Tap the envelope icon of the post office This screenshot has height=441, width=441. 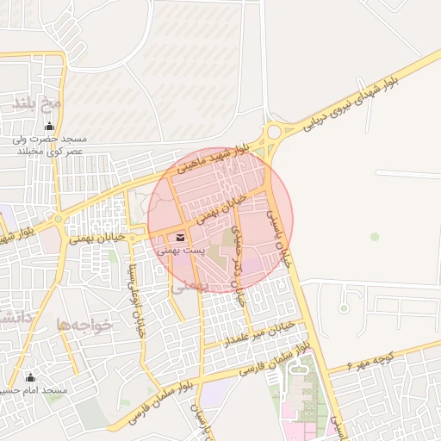tap(181, 236)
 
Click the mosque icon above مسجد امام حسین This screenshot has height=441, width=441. tap(31, 376)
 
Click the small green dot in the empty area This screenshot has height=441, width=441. tap(374, 236)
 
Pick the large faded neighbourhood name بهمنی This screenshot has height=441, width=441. tap(191, 288)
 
